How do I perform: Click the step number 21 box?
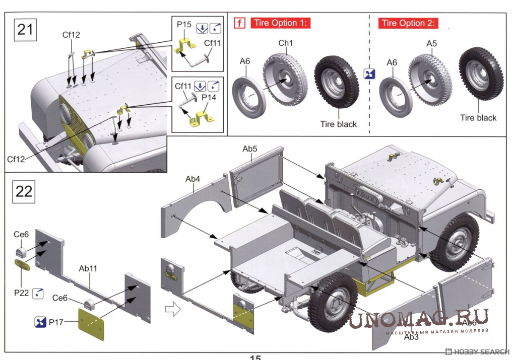pos(25,30)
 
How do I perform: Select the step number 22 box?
pos(24,191)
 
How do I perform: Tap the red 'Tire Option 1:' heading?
pos(280,23)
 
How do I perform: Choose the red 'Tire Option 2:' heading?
pos(408,23)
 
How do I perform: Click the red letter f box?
pos(240,23)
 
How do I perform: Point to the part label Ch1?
pos(286,43)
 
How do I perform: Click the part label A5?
pos(431,44)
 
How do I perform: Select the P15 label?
pos(184,25)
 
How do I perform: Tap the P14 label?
pos(209,97)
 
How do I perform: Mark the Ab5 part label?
pos(250,149)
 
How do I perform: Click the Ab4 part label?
pos(192,179)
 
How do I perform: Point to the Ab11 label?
pos(88,268)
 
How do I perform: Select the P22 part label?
pos(21,293)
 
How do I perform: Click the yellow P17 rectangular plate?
pos(91,324)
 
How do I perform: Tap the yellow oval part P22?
pos(22,265)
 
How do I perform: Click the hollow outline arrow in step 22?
pos(172,309)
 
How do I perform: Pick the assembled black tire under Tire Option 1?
pos(337,82)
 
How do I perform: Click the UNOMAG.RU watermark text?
pos(418,318)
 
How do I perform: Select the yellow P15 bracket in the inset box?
pos(186,46)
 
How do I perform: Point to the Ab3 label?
pos(411,337)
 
